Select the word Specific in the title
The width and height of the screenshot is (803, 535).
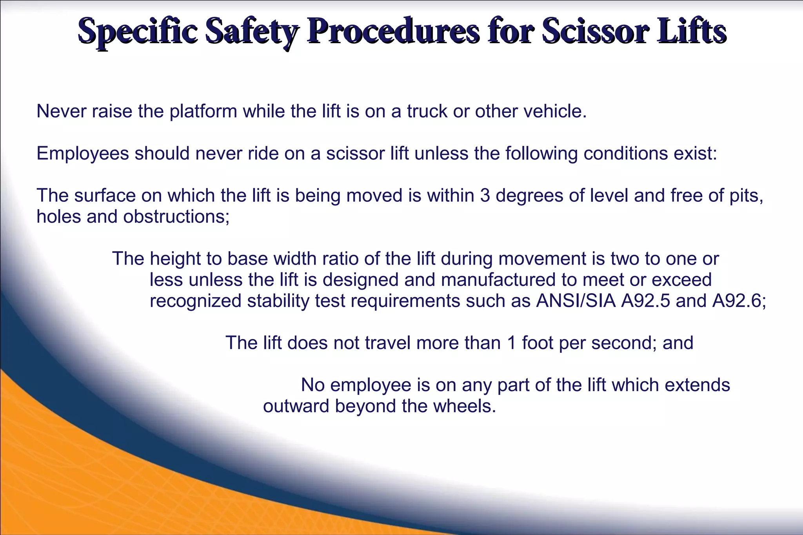click(137, 31)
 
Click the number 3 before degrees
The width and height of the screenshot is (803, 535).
click(485, 196)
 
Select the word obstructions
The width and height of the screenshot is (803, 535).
click(176, 217)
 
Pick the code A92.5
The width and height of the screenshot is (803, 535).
click(645, 301)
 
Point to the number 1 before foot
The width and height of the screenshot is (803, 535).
click(511, 343)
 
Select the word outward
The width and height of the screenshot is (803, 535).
click(296, 406)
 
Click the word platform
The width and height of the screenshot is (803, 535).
click(203, 112)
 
